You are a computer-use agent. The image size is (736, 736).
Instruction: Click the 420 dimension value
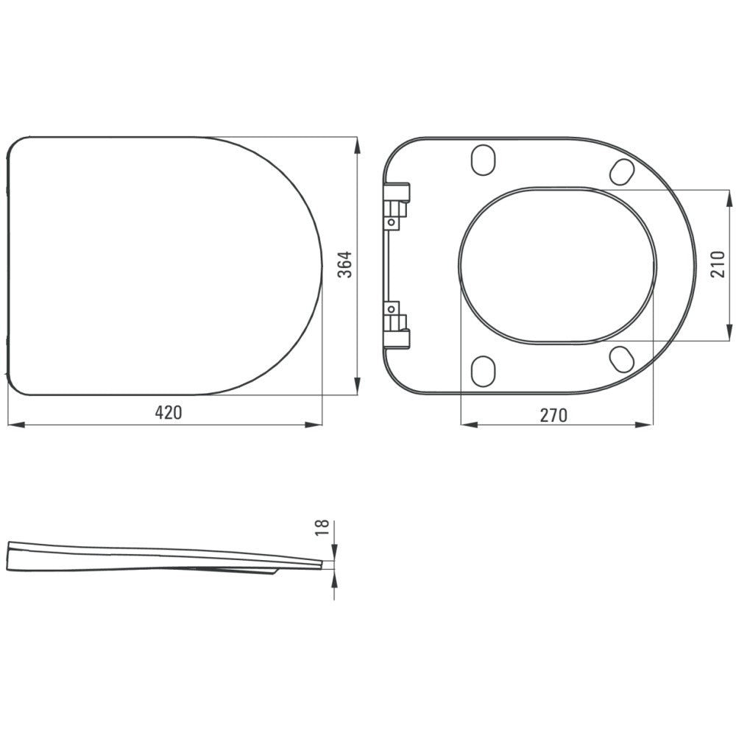pos(168,413)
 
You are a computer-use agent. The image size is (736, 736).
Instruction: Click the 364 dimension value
pos(345,265)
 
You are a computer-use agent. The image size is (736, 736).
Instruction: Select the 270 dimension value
pos(553,415)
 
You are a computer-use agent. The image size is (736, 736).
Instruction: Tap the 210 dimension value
pos(718,264)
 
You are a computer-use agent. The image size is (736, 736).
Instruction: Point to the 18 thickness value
pos(322,528)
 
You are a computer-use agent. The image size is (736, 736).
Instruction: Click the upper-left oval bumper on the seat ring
pos(484,160)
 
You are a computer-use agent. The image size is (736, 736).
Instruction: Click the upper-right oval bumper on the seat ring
pos(623,171)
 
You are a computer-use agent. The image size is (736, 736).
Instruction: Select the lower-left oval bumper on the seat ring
pos(483,371)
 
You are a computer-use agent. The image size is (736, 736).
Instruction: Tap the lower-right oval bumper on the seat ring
pos(623,359)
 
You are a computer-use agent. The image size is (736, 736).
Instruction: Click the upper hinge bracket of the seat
pos(397,205)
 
